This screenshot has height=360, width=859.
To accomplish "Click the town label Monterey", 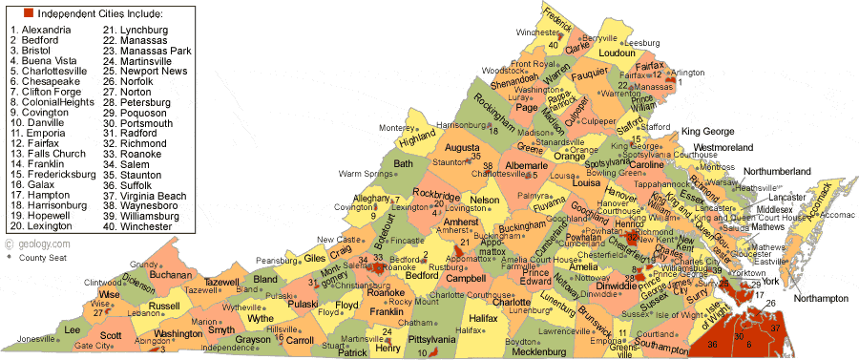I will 397,128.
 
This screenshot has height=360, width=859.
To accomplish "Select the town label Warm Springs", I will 367,174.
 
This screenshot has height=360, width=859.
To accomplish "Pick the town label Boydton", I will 521,341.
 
